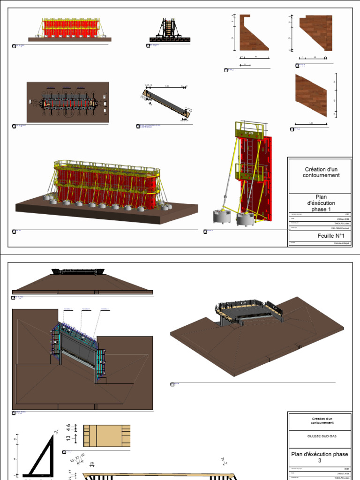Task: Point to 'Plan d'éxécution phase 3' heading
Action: [319, 457]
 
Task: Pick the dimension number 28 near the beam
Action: [91, 464]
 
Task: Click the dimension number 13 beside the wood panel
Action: [68, 438]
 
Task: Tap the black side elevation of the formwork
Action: [168, 30]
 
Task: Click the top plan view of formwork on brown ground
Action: [67, 102]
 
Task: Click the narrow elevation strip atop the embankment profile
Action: [78, 272]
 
